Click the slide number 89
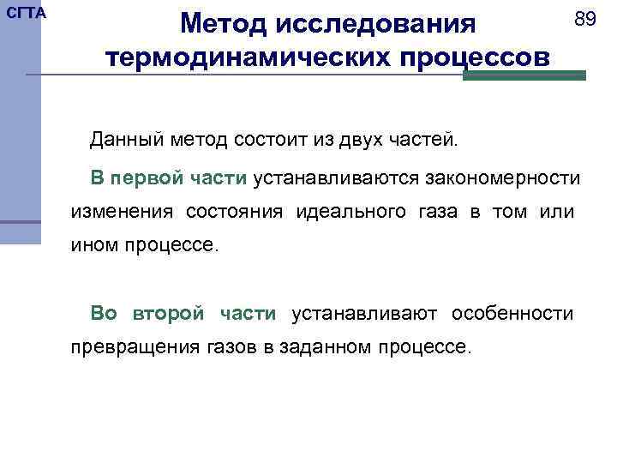584,19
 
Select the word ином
91,246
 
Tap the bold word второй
169,314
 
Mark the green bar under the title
524,75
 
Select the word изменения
121,212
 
